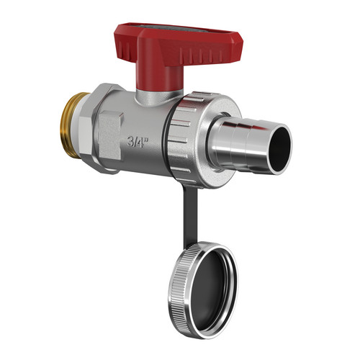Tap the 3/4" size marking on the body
click(x=138, y=142)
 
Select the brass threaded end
click(x=70, y=125)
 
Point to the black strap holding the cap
click(x=191, y=216)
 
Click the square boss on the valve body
click(x=111, y=136)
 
